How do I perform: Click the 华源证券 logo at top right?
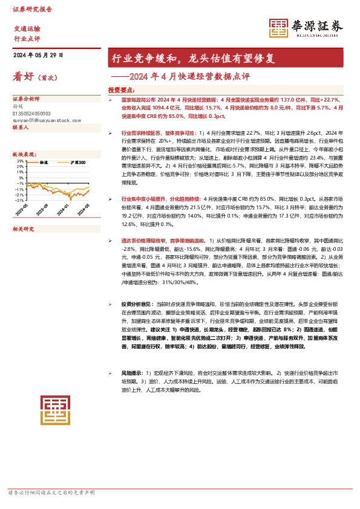pyautogui.click(x=306, y=27)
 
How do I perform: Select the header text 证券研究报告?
pyautogui.click(x=32, y=10)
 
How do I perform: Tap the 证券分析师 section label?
pyautogui.click(x=26, y=98)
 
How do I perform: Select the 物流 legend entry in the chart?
pyautogui.click(x=44, y=163)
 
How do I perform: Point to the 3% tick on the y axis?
pyautogui.click(x=21, y=161)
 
